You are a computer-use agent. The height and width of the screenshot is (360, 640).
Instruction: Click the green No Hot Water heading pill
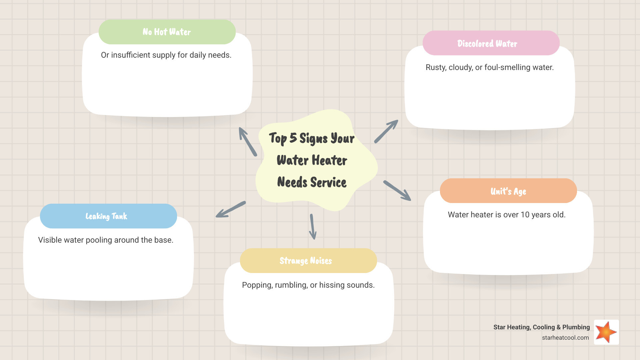coord(167,32)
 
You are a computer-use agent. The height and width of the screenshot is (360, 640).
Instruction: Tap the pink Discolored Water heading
coord(491,43)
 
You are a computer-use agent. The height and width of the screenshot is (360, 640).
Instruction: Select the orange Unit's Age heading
coord(508,191)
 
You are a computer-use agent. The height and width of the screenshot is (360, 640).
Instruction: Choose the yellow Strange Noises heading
coord(308,261)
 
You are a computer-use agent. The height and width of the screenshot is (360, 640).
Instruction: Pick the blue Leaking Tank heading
coord(108,216)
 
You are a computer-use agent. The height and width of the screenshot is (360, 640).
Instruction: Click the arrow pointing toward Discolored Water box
coord(386,131)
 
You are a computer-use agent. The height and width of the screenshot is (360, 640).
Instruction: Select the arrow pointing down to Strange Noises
coord(312,227)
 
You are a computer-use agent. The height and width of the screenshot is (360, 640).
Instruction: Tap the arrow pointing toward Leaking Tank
coord(231,210)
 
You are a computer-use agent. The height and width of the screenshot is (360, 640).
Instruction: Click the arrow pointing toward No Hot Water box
coord(248,142)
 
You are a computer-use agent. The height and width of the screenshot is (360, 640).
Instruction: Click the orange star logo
coord(606,332)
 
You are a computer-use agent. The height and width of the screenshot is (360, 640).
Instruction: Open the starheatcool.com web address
coord(565,338)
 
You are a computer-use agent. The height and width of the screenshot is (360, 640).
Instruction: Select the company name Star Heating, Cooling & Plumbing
coord(541,327)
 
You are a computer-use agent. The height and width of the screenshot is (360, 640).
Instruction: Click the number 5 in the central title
coord(293,138)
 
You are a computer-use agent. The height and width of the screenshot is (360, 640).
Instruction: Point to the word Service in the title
coord(328,182)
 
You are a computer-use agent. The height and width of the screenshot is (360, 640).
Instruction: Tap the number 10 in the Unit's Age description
coord(525,215)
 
